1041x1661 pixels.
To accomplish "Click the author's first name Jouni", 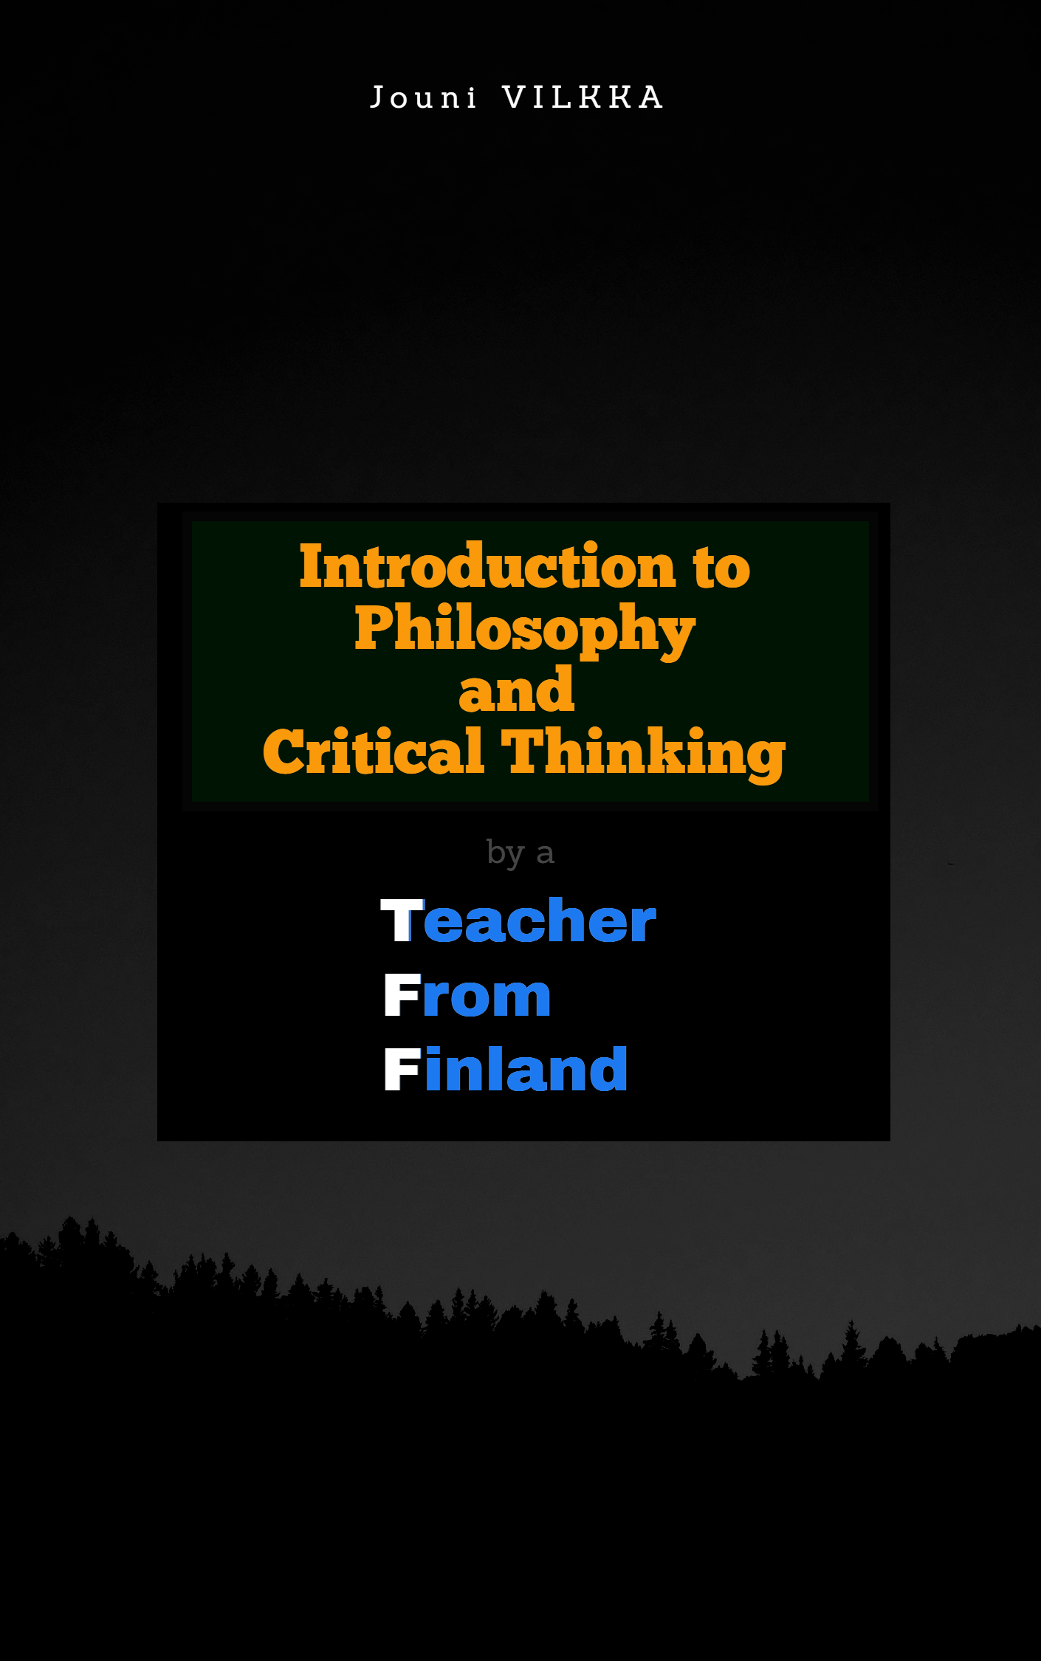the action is (424, 97).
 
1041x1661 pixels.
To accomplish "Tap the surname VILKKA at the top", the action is (583, 97).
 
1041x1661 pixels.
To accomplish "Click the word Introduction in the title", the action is (487, 566).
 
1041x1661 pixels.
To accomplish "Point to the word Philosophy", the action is (525, 629).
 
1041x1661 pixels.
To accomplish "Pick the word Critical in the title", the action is (374, 751).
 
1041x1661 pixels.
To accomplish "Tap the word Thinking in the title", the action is (643, 754).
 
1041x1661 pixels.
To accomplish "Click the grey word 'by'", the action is (506, 854).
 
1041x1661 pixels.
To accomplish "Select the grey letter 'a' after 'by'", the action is (545, 856).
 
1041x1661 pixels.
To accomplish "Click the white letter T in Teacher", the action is (402, 920).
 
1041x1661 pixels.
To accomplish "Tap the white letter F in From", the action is (402, 994).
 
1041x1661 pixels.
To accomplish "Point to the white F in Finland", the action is (402, 1068).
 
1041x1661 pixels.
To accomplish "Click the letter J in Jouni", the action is (377, 97).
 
